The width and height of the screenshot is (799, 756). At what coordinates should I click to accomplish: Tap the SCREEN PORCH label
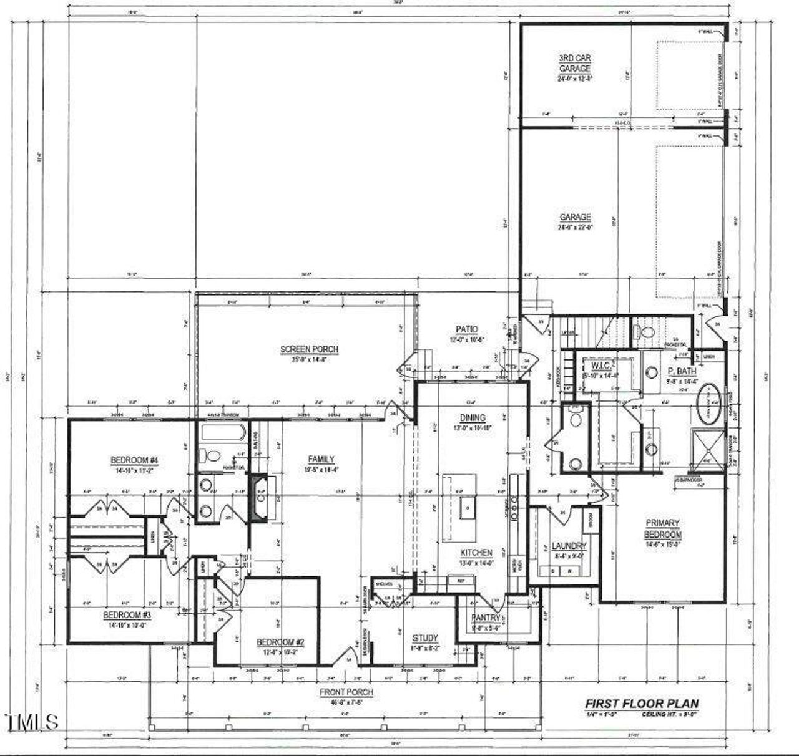(309, 349)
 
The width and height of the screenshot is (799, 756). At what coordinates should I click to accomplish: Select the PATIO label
(466, 329)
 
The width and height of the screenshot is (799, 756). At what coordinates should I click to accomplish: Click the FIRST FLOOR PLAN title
(642, 704)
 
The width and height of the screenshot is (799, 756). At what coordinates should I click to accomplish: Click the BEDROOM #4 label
(135, 461)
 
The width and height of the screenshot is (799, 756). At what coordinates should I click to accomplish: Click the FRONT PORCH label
(346, 692)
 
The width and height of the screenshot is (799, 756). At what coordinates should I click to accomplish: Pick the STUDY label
(425, 638)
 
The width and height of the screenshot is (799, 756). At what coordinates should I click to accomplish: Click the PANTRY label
(486, 618)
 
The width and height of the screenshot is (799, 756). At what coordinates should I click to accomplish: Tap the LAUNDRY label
(569, 546)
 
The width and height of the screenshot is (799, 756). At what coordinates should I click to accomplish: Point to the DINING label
(473, 418)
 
